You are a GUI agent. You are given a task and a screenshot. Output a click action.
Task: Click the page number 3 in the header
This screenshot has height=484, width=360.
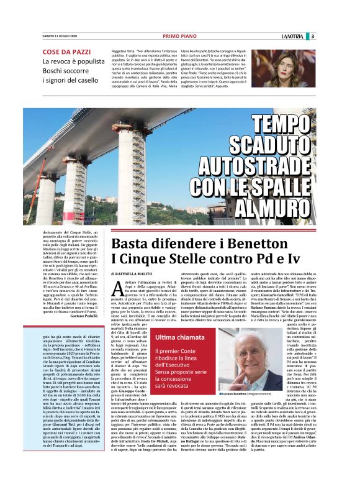pos(348,36)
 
